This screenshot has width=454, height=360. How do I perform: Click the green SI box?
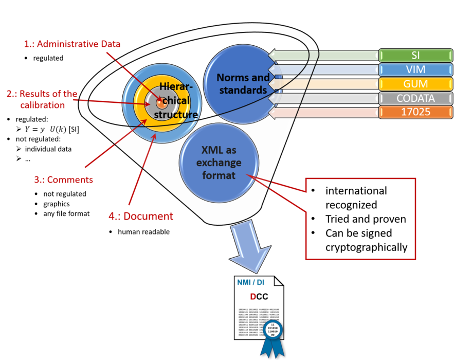click(x=415, y=55)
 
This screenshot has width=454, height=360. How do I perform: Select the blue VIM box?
click(x=415, y=69)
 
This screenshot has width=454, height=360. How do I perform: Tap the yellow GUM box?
click(x=415, y=84)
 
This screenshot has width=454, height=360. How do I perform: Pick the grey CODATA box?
click(x=415, y=98)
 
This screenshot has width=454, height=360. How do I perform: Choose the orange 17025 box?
click(x=415, y=112)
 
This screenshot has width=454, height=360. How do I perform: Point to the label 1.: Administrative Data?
click(x=72, y=44)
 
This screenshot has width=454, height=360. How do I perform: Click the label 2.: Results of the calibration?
click(x=42, y=99)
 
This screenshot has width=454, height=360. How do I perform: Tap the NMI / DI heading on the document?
click(x=251, y=282)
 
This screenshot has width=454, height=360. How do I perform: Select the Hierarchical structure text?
click(x=177, y=101)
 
